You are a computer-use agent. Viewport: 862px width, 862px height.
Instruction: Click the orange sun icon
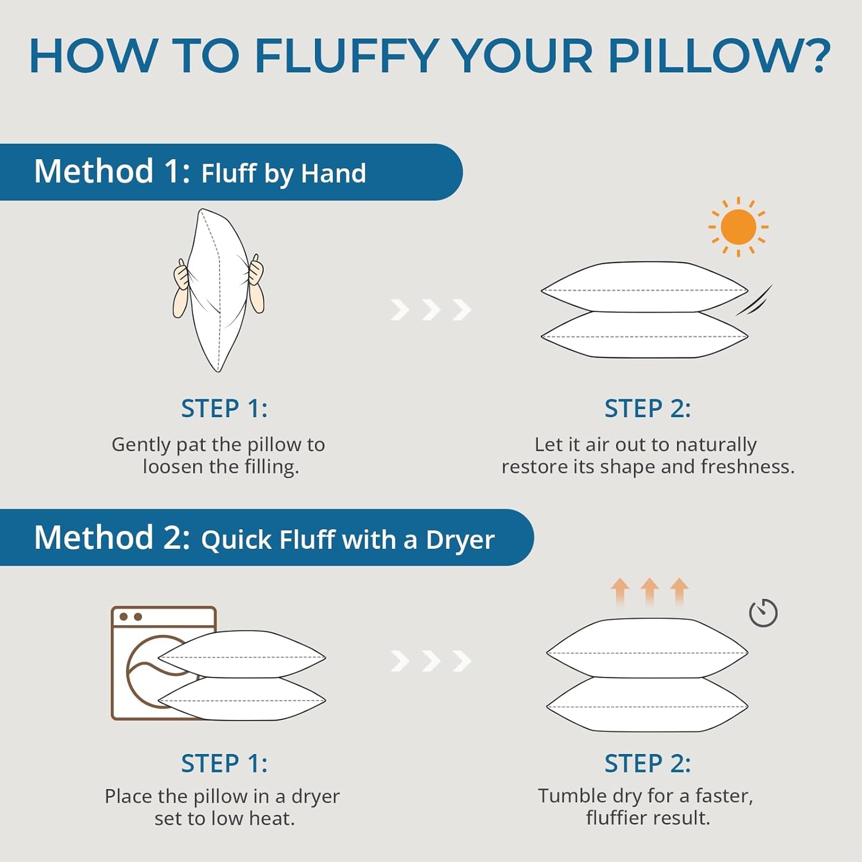[738, 226]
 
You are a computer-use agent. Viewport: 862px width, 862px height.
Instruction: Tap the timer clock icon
[763, 613]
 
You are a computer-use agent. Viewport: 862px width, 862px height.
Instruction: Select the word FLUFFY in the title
[347, 56]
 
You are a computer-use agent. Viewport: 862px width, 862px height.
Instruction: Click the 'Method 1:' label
[112, 172]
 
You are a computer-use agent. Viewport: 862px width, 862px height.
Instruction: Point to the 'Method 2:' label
[112, 538]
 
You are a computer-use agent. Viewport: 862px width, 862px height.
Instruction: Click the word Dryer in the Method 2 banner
[460, 540]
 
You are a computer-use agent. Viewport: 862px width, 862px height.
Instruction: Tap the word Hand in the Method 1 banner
[333, 174]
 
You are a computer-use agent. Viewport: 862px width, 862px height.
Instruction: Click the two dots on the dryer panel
[130, 617]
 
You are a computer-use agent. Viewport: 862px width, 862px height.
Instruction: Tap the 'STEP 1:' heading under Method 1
[224, 409]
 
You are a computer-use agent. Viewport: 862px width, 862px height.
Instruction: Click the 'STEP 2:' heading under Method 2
[648, 764]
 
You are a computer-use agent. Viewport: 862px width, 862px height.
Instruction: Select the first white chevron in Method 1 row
[400, 310]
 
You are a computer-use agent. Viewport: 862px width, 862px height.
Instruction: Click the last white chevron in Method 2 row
[462, 661]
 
